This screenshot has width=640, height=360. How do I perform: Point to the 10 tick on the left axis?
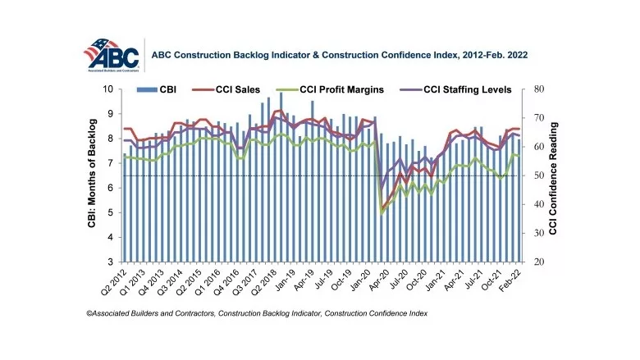[x=108, y=89]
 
